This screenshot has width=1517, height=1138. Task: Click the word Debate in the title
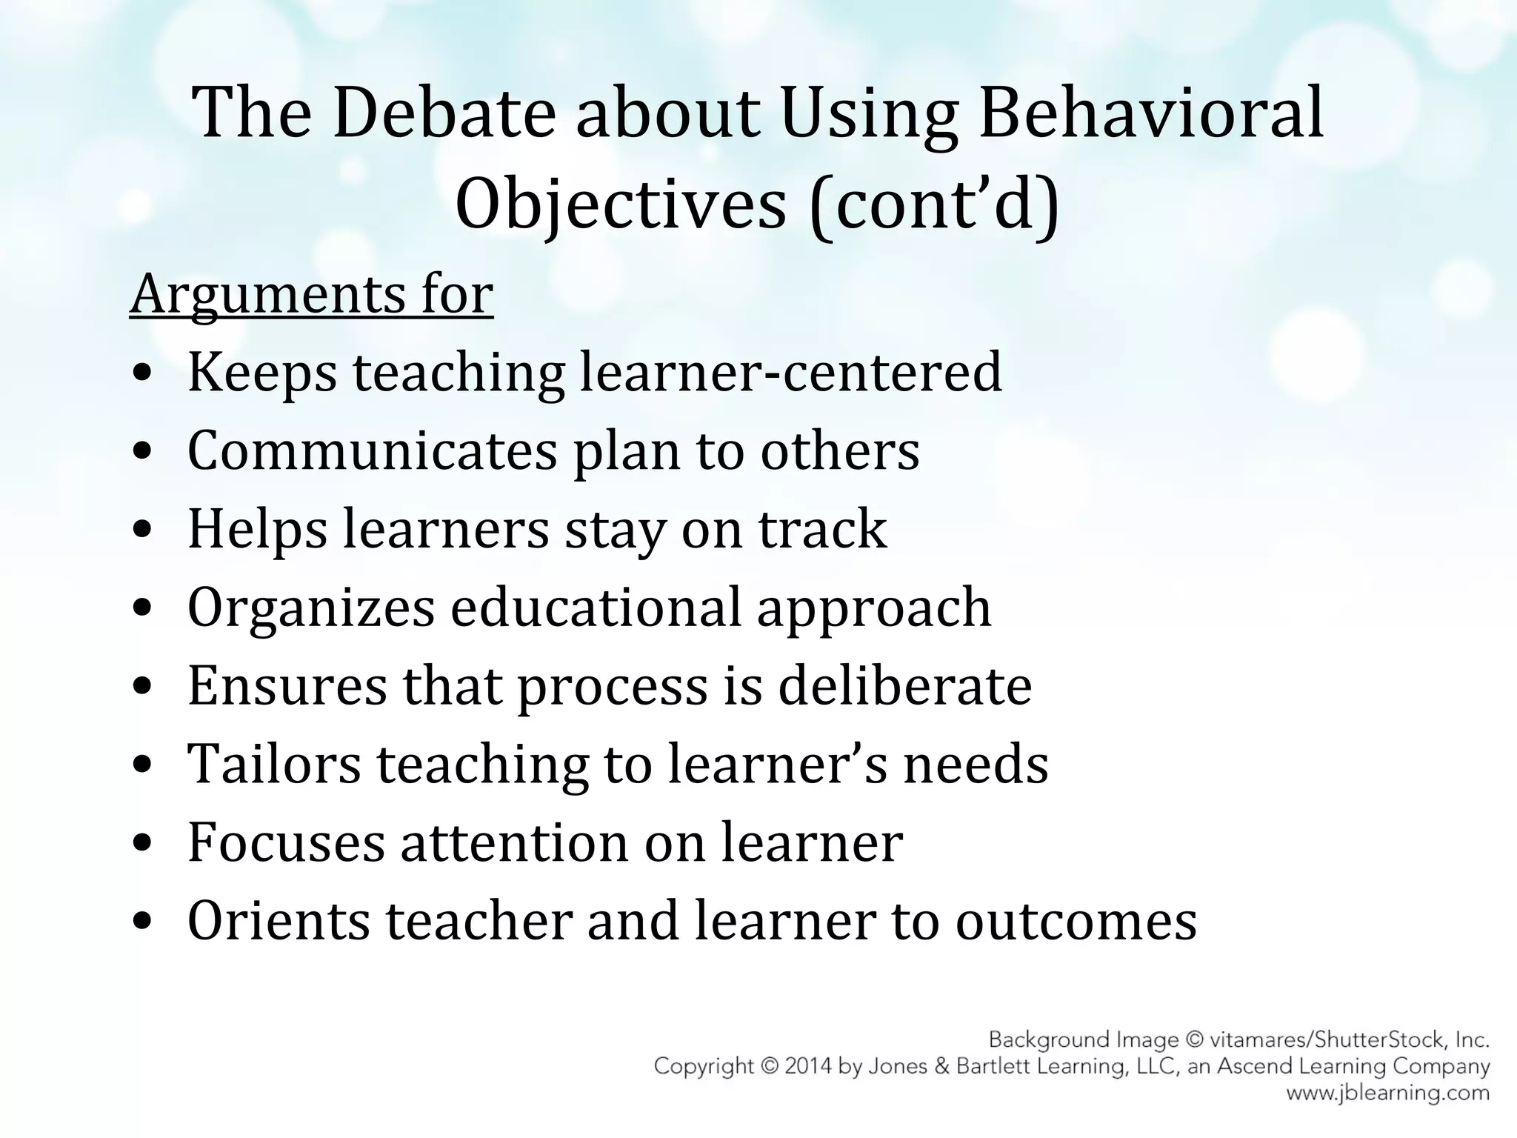coord(444,113)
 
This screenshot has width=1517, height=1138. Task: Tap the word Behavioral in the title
coord(1151,113)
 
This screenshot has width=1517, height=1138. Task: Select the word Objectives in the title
coord(620,204)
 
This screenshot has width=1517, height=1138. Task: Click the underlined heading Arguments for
coord(311,295)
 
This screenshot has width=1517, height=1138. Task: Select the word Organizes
coord(311,608)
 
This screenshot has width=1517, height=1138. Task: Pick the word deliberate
coord(904,686)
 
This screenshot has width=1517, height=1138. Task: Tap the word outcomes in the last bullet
coord(1076,922)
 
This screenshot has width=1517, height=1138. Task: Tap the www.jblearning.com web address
coord(1387,1093)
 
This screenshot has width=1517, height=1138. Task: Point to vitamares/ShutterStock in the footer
coord(1330,1039)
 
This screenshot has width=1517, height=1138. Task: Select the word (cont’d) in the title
coord(935,204)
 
